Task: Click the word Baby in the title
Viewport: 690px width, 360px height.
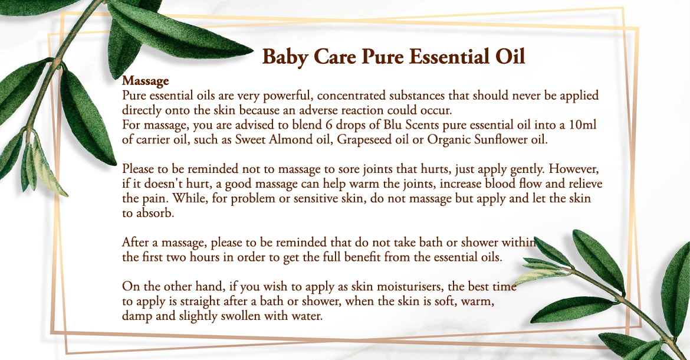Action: point(285,57)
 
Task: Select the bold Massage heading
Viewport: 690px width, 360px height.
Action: point(145,81)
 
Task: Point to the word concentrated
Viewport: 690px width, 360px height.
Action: point(351,96)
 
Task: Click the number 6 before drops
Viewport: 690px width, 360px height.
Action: point(328,125)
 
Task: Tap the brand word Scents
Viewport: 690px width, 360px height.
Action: point(422,125)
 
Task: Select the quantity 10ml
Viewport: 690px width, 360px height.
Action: point(583,125)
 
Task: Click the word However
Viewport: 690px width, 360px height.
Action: point(574,169)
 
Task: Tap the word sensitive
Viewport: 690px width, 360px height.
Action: point(316,198)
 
